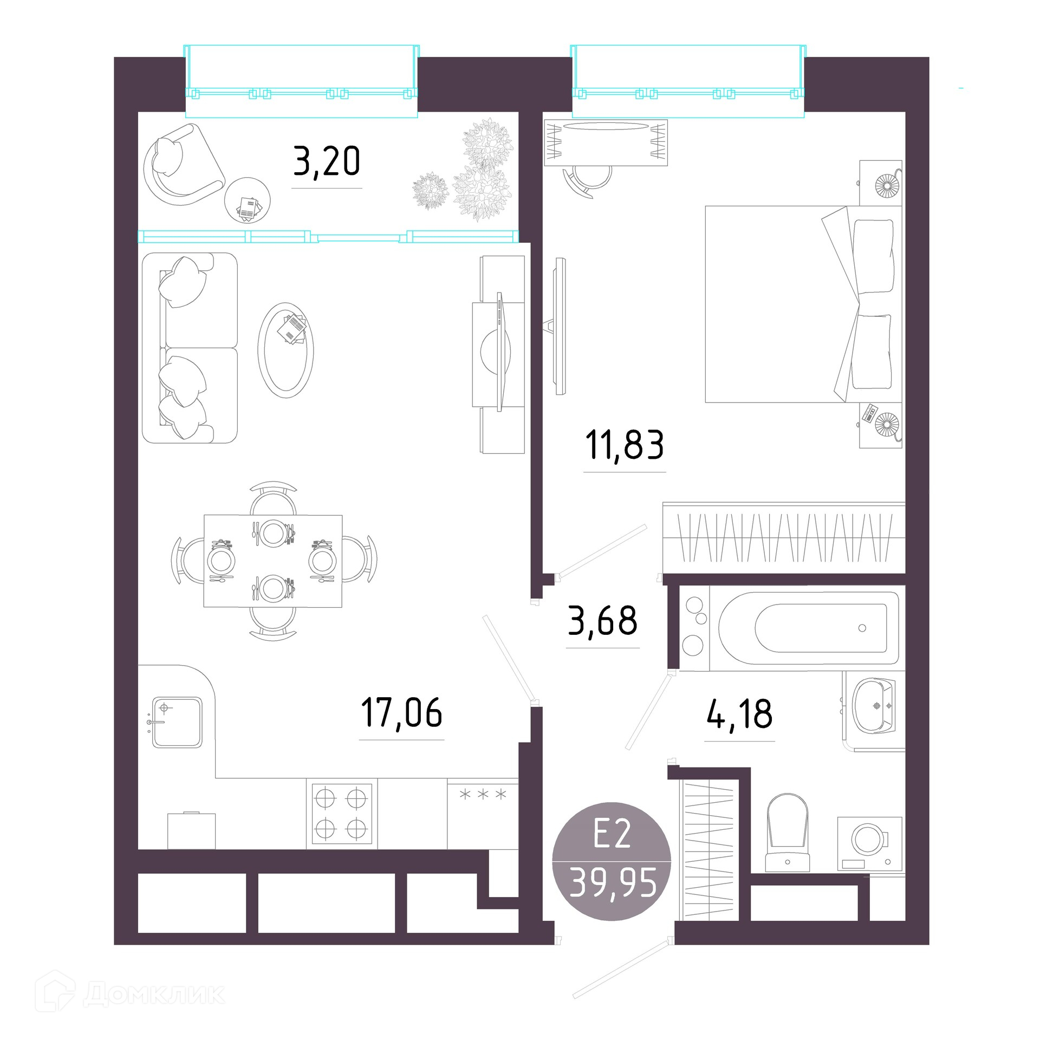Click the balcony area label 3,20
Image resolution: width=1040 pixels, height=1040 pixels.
click(327, 161)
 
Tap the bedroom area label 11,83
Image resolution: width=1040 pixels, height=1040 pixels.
click(624, 445)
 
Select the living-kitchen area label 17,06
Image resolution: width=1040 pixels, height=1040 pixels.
click(401, 712)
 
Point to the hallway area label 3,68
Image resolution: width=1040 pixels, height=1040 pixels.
click(602, 621)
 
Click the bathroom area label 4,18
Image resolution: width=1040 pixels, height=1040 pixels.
click(739, 714)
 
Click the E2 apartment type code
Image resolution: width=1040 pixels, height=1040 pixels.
click(612, 834)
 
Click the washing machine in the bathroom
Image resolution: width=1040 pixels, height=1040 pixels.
click(870, 844)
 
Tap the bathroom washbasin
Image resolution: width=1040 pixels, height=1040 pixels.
click(873, 706)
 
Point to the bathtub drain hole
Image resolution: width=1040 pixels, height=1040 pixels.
click(862, 628)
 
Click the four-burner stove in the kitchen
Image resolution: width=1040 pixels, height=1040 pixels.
click(342, 814)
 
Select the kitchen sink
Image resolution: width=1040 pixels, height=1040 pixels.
click(177, 723)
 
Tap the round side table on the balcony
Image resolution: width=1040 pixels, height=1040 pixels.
click(248, 200)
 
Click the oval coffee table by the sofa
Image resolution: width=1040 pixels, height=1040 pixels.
click(285, 350)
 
